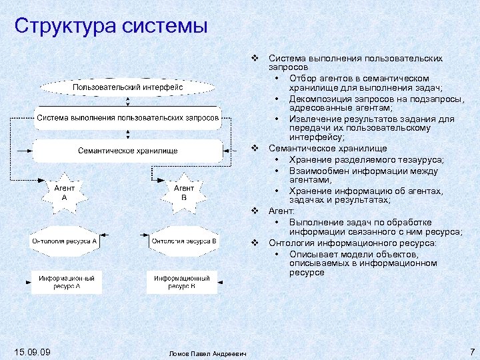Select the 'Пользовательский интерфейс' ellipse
(x=128, y=87)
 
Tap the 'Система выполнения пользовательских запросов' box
(x=128, y=118)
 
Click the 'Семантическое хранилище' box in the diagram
(x=128, y=150)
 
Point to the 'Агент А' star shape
(x=65, y=193)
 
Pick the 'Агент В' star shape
(x=184, y=193)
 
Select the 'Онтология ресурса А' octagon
(x=65, y=241)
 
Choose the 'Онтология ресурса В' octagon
(x=184, y=241)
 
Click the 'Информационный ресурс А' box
(x=67, y=281)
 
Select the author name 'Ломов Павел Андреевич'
(x=208, y=353)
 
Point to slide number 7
(x=471, y=351)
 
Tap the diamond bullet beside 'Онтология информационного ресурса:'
(x=255, y=243)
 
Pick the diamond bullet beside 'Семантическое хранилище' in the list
(x=255, y=148)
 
